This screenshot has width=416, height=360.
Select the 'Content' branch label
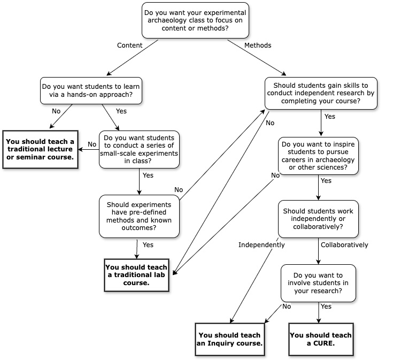(x=129, y=45)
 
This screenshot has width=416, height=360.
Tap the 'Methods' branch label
(x=258, y=45)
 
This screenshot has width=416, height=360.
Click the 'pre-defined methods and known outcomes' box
(x=139, y=216)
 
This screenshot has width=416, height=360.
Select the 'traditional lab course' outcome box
(x=136, y=275)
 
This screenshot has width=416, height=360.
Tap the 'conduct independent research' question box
(x=321, y=93)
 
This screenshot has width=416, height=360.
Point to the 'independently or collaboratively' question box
(x=318, y=219)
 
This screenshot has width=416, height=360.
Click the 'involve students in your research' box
(x=318, y=283)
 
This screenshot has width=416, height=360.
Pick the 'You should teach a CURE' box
(x=320, y=339)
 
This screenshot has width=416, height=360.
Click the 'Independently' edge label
(x=261, y=245)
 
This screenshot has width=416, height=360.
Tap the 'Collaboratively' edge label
(x=344, y=245)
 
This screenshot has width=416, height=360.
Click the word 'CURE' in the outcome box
(x=324, y=343)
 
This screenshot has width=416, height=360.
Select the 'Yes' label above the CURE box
(x=326, y=307)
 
